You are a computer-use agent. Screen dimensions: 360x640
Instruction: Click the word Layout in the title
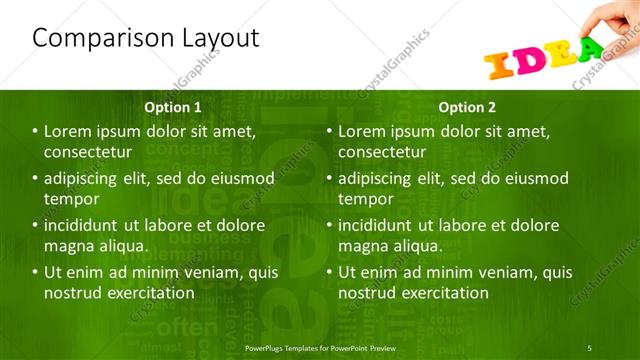tap(214, 39)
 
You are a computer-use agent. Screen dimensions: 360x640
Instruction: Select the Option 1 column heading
tap(173, 106)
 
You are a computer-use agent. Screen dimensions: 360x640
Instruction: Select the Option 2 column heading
tap(467, 106)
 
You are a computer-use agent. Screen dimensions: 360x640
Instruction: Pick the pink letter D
tap(529, 61)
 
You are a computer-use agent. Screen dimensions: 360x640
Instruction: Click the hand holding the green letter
tap(612, 18)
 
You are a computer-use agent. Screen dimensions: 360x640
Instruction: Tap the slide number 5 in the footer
tap(589, 347)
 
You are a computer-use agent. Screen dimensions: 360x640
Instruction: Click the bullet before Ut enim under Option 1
tap(35, 273)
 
